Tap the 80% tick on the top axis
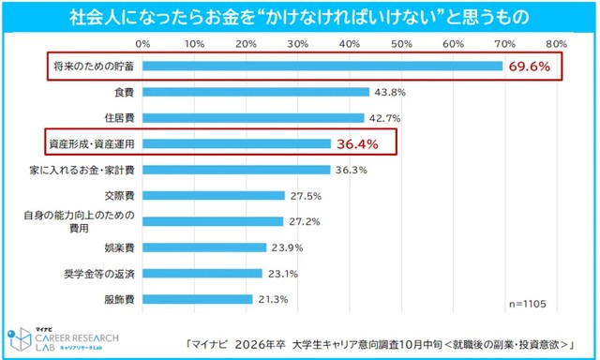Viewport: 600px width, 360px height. pos(552,43)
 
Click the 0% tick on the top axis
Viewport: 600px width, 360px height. pos(143,43)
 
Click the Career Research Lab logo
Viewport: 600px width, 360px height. pos(52,337)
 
